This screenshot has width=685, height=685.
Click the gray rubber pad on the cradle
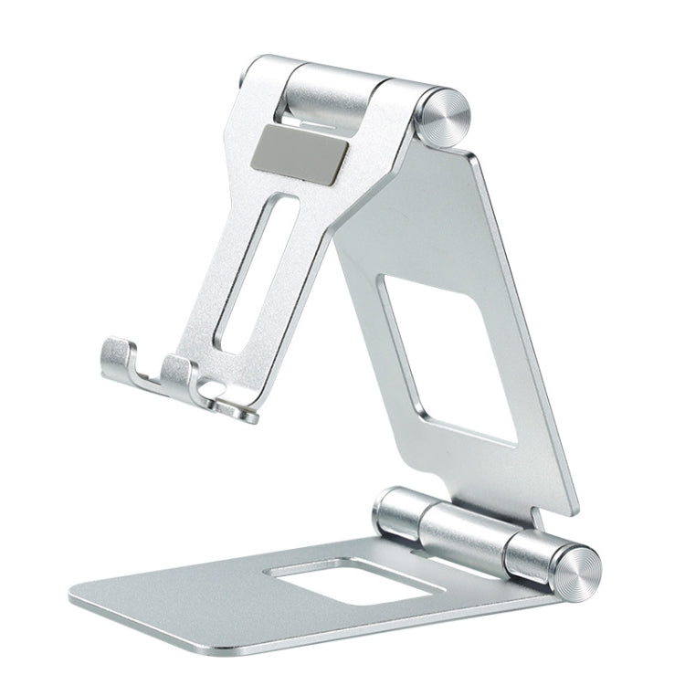303,148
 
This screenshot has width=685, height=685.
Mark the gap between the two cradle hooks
150,373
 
